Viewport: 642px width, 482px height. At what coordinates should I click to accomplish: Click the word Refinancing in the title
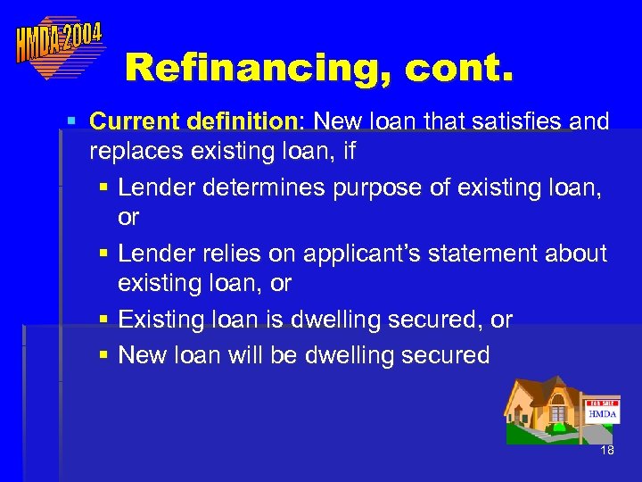tap(251, 66)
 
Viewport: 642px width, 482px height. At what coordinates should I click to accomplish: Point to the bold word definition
tap(241, 120)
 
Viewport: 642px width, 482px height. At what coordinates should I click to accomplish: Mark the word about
tap(579, 253)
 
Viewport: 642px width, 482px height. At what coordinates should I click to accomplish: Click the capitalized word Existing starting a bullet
tap(162, 320)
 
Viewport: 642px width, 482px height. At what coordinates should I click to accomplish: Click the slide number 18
tap(607, 451)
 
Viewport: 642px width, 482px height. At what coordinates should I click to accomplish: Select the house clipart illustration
tap(544, 410)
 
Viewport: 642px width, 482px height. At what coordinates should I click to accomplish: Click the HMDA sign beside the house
tap(603, 413)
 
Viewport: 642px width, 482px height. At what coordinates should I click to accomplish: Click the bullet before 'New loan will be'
tap(104, 356)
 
